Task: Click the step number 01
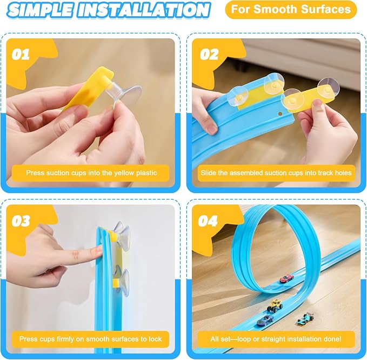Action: click(21, 54)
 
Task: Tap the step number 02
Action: click(209, 54)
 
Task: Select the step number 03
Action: click(21, 221)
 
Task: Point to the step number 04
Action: click(208, 221)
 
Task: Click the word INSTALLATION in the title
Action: click(143, 10)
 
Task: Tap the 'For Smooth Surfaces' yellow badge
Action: click(291, 10)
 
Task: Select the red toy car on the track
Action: click(286, 278)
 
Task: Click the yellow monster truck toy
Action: click(275, 305)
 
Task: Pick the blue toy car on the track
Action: click(265, 320)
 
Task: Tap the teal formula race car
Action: click(305, 318)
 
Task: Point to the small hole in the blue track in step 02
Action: click(280, 114)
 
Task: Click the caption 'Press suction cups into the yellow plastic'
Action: click(91, 173)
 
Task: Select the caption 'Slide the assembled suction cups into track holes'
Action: click(276, 173)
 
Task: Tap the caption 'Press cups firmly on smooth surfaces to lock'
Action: click(91, 339)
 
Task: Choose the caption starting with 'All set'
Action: click(276, 339)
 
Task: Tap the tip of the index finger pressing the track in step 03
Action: click(99, 251)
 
